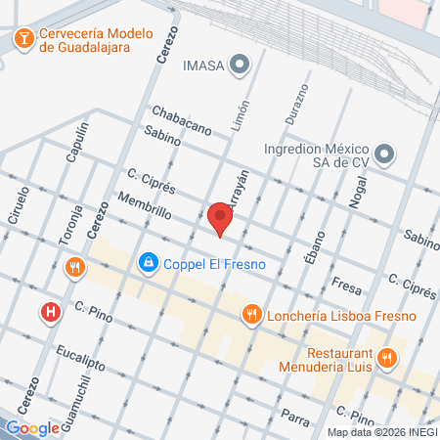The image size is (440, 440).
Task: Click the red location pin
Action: click(220, 217)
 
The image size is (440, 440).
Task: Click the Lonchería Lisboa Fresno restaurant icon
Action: click(252, 314)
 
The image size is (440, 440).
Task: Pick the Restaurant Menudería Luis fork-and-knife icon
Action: click(387, 359)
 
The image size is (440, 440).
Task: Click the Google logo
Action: click(32, 427)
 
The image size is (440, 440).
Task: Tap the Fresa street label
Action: click(346, 283)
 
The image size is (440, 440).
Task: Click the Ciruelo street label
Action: click(19, 205)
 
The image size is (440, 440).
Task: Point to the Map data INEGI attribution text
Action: click(382, 432)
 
